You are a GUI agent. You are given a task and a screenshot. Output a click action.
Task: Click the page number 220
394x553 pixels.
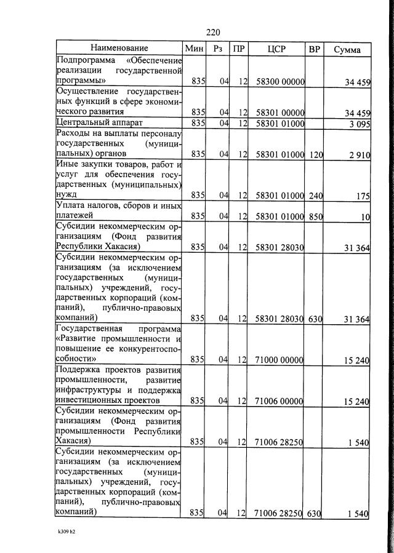click(x=213, y=32)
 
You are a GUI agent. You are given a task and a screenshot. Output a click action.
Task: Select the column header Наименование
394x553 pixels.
click(x=119, y=48)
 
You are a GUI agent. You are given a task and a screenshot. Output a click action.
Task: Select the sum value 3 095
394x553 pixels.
click(x=358, y=124)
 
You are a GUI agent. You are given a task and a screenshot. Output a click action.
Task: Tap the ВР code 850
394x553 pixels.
click(x=315, y=216)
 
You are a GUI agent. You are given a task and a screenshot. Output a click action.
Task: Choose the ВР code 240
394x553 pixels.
click(x=315, y=196)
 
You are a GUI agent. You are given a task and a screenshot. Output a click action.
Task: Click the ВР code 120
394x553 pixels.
click(x=315, y=154)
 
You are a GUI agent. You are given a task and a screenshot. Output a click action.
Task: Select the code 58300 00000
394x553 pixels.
click(x=279, y=81)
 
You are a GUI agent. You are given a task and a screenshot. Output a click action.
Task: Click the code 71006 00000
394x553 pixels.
click(x=279, y=401)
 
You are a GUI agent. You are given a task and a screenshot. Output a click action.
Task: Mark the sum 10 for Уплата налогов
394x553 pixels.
click(x=366, y=217)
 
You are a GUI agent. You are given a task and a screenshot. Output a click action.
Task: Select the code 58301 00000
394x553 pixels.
click(x=279, y=113)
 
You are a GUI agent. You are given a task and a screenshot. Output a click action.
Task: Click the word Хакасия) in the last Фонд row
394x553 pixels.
click(x=75, y=441)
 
